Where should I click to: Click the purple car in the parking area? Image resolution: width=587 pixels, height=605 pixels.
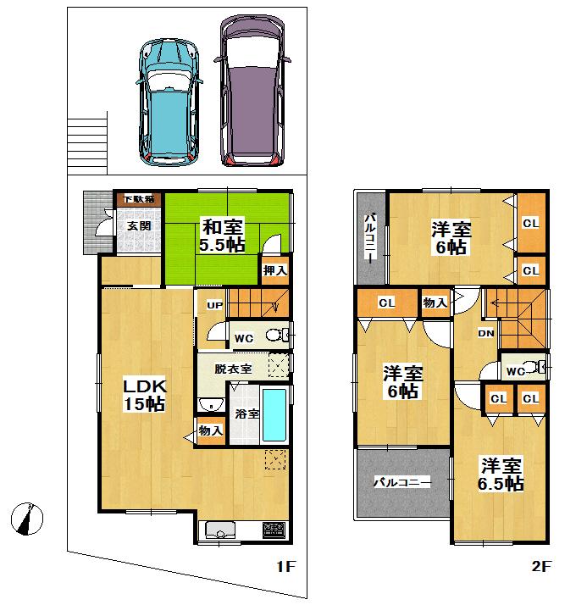[252, 90]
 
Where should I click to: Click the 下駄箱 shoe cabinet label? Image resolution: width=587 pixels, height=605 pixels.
[139, 199]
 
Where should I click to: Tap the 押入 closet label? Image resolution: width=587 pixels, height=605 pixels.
[274, 271]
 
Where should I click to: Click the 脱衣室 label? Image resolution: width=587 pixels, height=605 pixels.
[232, 369]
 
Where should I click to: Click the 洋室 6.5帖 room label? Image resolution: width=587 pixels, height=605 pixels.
[501, 475]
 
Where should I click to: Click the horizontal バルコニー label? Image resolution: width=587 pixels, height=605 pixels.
[402, 481]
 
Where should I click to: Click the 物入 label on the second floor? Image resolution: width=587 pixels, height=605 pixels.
[435, 302]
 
